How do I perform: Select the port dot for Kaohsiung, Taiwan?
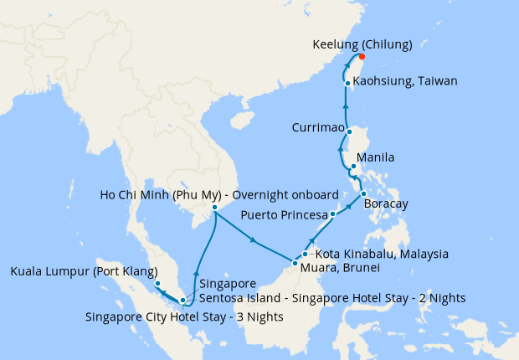click(x=347, y=82)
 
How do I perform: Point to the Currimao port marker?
click(x=350, y=131)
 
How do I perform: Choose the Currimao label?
click(x=317, y=128)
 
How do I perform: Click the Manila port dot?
click(x=353, y=167)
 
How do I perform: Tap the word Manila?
click(x=375, y=157)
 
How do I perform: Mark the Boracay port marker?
click(x=363, y=195)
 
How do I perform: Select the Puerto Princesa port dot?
click(x=332, y=214)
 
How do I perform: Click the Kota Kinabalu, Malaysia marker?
click(x=305, y=254)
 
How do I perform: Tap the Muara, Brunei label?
click(x=341, y=268)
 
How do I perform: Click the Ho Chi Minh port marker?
click(x=214, y=207)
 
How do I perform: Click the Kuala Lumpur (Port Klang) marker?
click(x=157, y=284)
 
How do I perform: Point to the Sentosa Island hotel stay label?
click(x=331, y=297)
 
